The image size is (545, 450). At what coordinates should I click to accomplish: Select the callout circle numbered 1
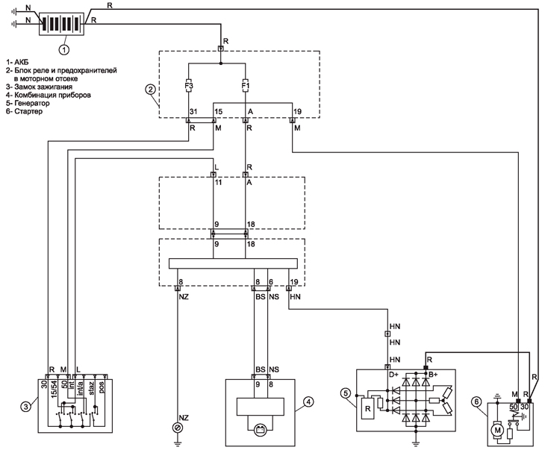pos(64,49)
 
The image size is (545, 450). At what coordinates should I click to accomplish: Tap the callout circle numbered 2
pos(151,90)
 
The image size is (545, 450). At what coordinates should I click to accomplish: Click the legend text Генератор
pos(29,104)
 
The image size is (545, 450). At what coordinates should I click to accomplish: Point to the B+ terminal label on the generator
pos(433,374)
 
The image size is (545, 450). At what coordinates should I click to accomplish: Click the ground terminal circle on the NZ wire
pos(177,428)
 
